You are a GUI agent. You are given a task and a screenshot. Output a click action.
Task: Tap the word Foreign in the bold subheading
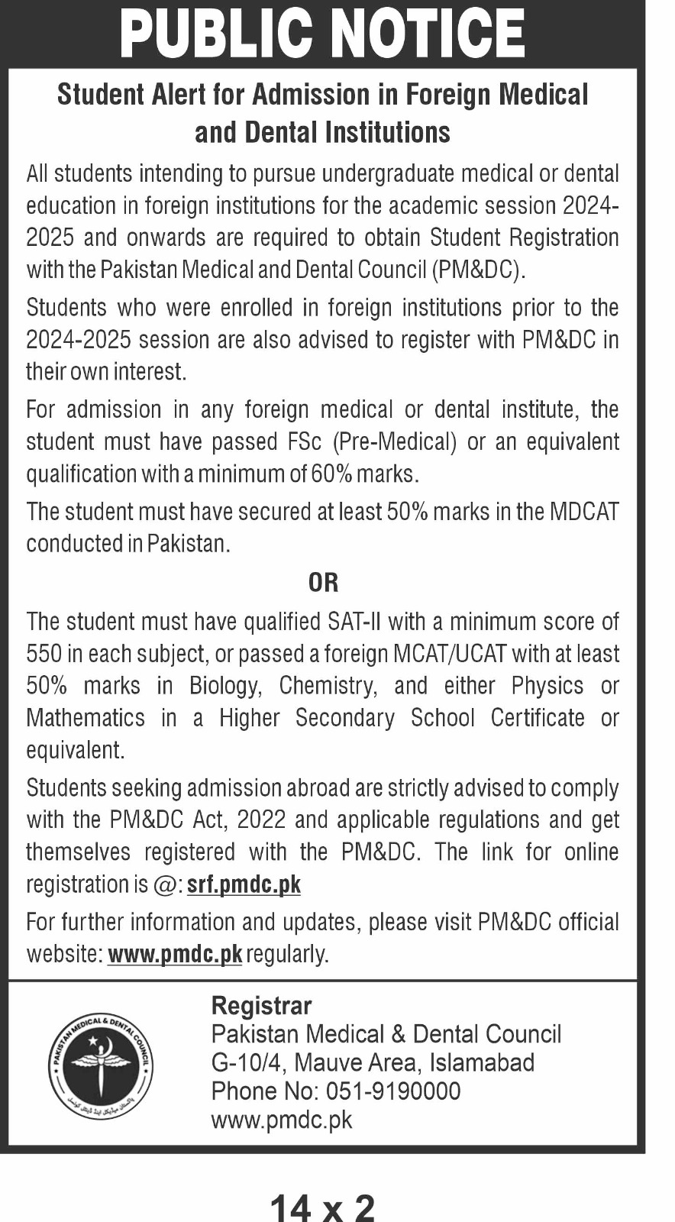[447, 95]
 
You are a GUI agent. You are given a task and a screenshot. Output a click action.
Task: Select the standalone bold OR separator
[323, 583]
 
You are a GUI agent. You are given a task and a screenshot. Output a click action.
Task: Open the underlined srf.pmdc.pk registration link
[244, 884]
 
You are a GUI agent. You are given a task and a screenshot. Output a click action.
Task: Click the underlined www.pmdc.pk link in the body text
[175, 954]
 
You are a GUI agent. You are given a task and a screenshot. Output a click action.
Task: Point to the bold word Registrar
[261, 1005]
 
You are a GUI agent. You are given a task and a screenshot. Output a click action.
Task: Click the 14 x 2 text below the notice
[322, 1207]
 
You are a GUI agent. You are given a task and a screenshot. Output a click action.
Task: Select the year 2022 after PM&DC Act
[261, 820]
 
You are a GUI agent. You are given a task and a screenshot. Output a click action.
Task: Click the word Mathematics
[86, 718]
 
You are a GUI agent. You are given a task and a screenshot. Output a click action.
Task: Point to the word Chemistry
[328, 686]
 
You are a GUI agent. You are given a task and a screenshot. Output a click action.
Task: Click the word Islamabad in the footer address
[482, 1062]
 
